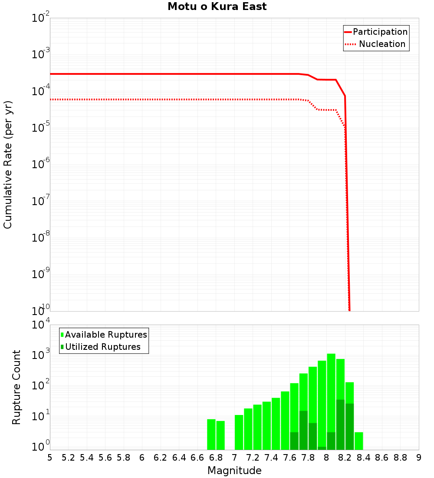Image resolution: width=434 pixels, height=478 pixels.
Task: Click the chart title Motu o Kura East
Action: tap(217, 7)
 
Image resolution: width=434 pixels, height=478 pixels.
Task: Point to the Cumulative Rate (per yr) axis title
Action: tap(8, 164)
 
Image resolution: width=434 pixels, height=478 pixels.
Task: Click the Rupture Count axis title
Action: tap(16, 387)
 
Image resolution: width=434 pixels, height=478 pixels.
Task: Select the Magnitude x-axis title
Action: tap(234, 471)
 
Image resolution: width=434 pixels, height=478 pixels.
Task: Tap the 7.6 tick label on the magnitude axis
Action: tap(289, 458)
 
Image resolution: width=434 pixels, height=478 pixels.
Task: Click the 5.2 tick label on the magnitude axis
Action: tap(68, 458)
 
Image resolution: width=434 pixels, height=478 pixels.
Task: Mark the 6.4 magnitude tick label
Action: tap(179, 458)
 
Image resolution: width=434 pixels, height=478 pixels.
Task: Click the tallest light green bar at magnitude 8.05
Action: tap(331, 391)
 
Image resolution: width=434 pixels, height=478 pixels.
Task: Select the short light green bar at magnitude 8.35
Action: tap(359, 441)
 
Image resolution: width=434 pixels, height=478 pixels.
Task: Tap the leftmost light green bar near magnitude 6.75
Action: tap(211, 435)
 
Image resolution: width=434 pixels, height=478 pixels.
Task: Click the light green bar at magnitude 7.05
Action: tap(239, 432)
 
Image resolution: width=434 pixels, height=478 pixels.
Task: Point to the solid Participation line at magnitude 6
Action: tap(142, 74)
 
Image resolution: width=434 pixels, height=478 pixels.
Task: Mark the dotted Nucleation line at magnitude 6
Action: tap(142, 100)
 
